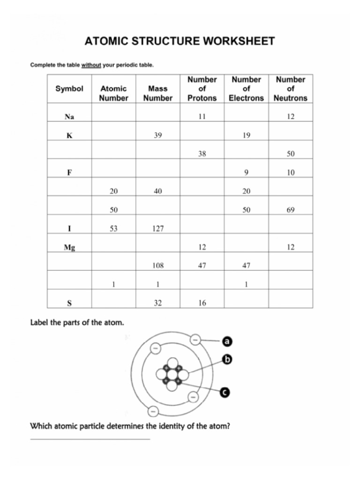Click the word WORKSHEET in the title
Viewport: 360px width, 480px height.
pyautogui.click(x=238, y=41)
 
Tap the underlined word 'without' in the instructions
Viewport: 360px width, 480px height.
pyautogui.click(x=91, y=65)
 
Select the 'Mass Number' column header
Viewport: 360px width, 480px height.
pyautogui.click(x=157, y=93)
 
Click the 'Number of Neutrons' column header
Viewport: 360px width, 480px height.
pyautogui.click(x=290, y=89)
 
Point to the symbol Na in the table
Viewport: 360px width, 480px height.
pyautogui.click(x=69, y=117)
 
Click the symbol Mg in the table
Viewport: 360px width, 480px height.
pyautogui.click(x=69, y=247)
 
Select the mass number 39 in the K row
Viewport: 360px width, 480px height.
pyautogui.click(x=158, y=135)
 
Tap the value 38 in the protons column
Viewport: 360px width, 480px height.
pyautogui.click(x=202, y=154)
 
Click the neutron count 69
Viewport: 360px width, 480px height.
pyautogui.click(x=290, y=210)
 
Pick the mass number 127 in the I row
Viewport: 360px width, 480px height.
pyautogui.click(x=158, y=229)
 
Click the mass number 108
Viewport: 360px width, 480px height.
pyautogui.click(x=158, y=266)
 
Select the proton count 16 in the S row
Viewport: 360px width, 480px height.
pyautogui.click(x=202, y=303)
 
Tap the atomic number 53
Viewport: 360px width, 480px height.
pyautogui.click(x=113, y=229)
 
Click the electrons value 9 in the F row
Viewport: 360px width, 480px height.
pyautogui.click(x=246, y=172)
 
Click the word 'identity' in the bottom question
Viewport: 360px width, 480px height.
pyautogui.click(x=162, y=427)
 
